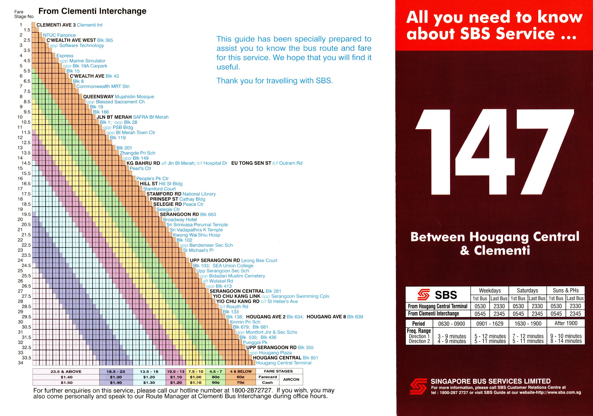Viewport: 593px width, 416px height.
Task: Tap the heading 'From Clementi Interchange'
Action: click(92, 11)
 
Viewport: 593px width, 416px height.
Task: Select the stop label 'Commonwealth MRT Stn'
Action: click(103, 86)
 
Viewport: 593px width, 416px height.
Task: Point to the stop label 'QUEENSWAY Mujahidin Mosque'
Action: click(118, 97)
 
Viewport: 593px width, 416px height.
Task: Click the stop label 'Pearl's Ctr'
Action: click(140, 169)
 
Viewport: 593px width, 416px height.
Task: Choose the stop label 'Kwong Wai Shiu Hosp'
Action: click(196, 235)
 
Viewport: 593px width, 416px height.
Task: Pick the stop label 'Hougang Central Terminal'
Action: click(284, 363)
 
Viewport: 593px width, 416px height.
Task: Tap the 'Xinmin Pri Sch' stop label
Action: click(245, 322)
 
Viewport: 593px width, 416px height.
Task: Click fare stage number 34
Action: click(20, 363)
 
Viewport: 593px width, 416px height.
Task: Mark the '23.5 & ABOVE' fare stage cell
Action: click(66, 372)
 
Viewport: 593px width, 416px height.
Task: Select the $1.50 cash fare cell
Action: click(66, 383)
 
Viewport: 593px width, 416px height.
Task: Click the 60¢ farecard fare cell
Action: click(241, 377)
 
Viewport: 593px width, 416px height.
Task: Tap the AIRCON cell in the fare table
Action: click(291, 380)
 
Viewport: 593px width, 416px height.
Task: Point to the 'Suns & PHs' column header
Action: click(566, 290)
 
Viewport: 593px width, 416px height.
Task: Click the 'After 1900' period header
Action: click(566, 323)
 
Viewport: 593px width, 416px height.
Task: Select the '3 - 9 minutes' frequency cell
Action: click(452, 336)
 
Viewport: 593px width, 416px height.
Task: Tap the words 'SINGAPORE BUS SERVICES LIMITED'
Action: click(490, 381)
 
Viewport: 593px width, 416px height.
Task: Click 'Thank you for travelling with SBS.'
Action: click(274, 81)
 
